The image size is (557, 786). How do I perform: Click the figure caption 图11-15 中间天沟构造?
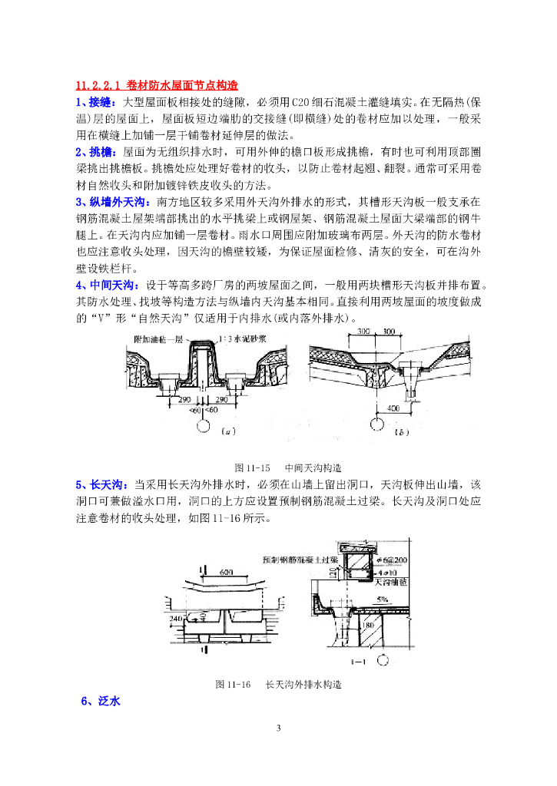point(287,467)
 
